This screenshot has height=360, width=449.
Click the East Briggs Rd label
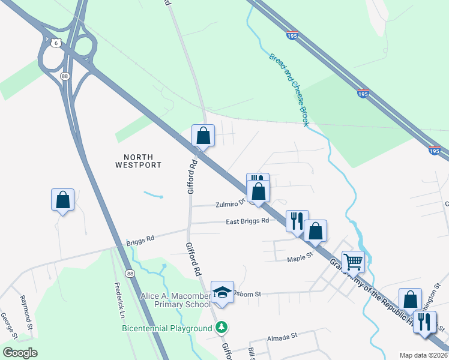[x=247, y=221]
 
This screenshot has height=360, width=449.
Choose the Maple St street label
[x=300, y=259]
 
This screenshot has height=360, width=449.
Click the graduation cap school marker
[x=222, y=292]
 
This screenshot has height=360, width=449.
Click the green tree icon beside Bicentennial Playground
[x=222, y=328]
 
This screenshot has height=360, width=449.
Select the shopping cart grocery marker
[x=353, y=261]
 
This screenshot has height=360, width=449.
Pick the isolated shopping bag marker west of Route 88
[x=62, y=199]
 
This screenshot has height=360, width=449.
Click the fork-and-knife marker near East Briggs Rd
[x=297, y=221]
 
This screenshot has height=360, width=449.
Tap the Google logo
[x=20, y=352]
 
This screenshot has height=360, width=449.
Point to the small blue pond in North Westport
[x=154, y=195]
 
